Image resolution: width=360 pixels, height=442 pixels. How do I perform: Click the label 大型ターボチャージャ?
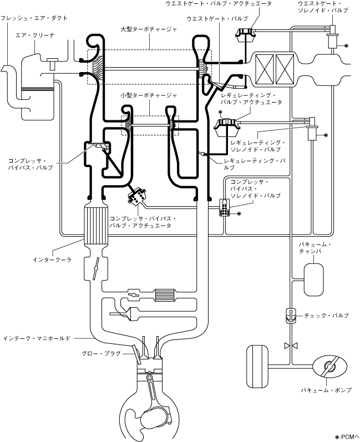click(149, 29)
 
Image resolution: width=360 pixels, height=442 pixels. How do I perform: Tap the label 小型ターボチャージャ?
click(149, 95)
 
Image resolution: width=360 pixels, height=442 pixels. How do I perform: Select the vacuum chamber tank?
click(313, 280)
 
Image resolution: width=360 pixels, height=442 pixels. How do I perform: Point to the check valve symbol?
click(290, 316)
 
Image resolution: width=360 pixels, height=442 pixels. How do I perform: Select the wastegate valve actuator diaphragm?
click(246, 35)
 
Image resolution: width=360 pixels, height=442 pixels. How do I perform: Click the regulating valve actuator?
click(227, 127)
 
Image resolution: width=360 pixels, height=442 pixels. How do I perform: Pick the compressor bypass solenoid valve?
click(225, 208)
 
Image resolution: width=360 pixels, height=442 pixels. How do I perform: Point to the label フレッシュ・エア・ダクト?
click(34, 18)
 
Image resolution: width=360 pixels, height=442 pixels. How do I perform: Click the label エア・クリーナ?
click(35, 35)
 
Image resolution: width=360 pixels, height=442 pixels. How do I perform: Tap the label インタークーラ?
click(52, 260)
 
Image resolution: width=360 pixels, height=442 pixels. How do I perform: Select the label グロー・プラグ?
click(101, 353)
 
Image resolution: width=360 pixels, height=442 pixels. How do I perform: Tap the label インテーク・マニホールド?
click(37, 338)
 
